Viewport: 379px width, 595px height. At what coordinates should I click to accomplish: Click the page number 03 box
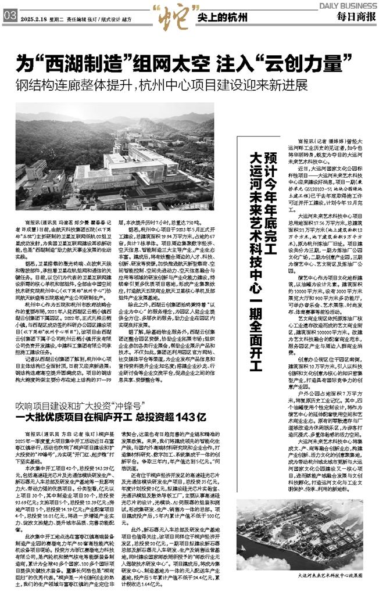(x=9, y=17)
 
